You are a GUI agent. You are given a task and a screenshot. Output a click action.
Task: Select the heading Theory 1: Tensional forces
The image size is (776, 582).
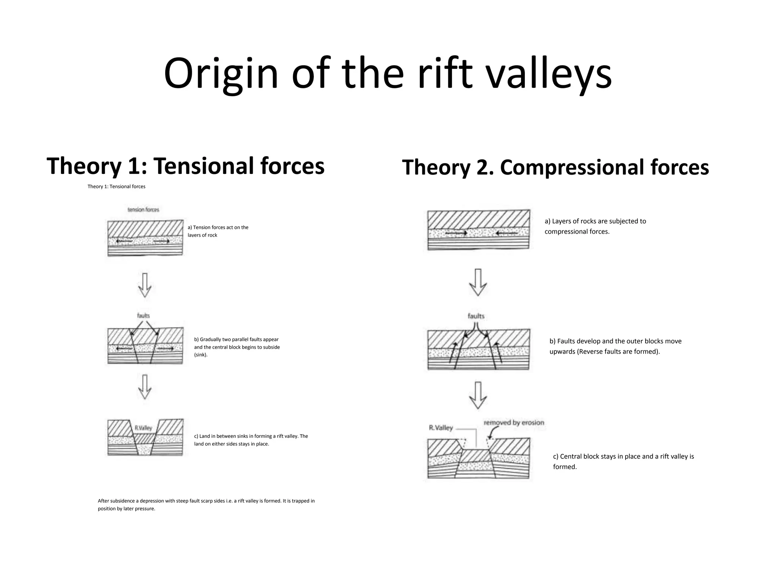[x=185, y=166]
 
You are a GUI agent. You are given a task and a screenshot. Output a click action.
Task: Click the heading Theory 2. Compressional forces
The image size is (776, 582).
[x=555, y=167]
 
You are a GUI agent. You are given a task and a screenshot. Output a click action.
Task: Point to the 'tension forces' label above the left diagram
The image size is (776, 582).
[x=143, y=210]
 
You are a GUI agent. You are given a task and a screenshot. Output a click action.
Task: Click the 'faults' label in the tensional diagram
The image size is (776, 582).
[x=143, y=315]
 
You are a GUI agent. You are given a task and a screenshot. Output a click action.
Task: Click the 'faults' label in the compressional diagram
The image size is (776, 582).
[x=476, y=316]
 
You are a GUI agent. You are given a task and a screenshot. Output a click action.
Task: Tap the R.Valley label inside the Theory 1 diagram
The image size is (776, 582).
[x=143, y=428]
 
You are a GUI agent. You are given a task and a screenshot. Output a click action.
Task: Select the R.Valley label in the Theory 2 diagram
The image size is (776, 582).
[x=441, y=428]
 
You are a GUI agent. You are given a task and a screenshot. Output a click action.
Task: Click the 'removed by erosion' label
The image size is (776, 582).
[x=514, y=422]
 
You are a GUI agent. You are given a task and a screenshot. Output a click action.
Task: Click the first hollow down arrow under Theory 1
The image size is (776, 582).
[x=145, y=285]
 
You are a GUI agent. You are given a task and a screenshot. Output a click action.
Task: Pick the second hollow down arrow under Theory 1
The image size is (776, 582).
[x=145, y=387]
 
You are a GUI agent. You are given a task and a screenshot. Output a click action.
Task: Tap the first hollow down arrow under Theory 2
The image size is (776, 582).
[x=478, y=282]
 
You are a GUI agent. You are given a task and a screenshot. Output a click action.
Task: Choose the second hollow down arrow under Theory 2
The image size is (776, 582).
[x=478, y=395]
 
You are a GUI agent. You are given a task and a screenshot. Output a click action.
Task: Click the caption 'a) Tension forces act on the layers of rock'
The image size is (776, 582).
[x=218, y=231]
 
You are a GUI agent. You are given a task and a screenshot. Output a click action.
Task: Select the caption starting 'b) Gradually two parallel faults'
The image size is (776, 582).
[x=237, y=347]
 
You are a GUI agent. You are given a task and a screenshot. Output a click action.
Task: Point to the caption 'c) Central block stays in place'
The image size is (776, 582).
[x=623, y=462]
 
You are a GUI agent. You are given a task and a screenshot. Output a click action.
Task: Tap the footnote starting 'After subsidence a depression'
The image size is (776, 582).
[x=206, y=504]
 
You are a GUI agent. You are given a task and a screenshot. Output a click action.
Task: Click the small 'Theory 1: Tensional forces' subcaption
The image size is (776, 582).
[x=116, y=186]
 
